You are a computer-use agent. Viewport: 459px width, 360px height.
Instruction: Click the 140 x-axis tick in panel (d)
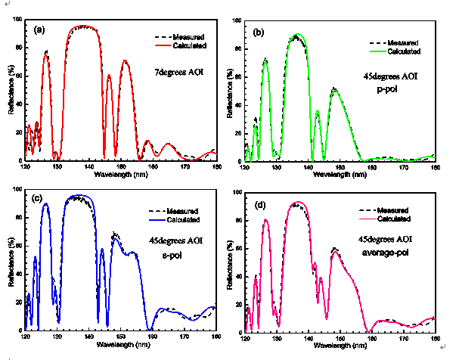click(309, 339)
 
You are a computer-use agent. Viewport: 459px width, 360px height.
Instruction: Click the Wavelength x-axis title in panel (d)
click(340, 347)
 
